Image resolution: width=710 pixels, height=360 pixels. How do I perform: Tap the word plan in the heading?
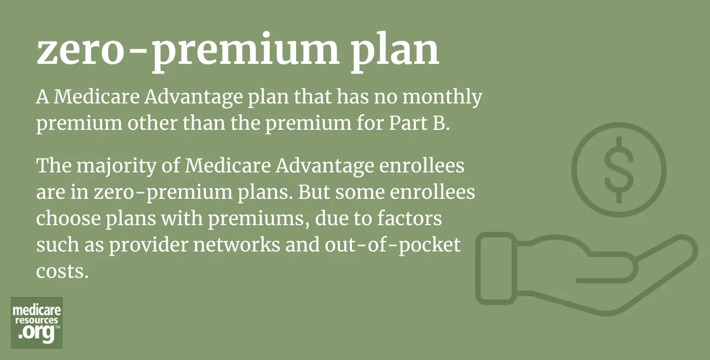[395, 51]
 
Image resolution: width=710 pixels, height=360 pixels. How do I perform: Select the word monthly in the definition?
[442, 97]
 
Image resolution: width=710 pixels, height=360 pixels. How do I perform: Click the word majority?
[116, 166]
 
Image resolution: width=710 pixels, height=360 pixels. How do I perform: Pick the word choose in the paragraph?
[68, 219]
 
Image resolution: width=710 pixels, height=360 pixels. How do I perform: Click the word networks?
[237, 245]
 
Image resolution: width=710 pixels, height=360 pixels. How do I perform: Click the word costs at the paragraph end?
[62, 272]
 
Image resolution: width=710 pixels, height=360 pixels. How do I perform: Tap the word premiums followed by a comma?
[259, 219]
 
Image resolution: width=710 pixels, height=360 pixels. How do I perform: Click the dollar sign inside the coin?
[619, 170]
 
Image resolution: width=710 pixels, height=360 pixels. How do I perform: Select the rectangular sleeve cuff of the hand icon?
[496, 268]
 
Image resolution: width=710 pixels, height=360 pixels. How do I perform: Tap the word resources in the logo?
[37, 320]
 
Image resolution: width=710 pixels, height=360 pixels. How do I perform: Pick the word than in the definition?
[203, 123]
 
